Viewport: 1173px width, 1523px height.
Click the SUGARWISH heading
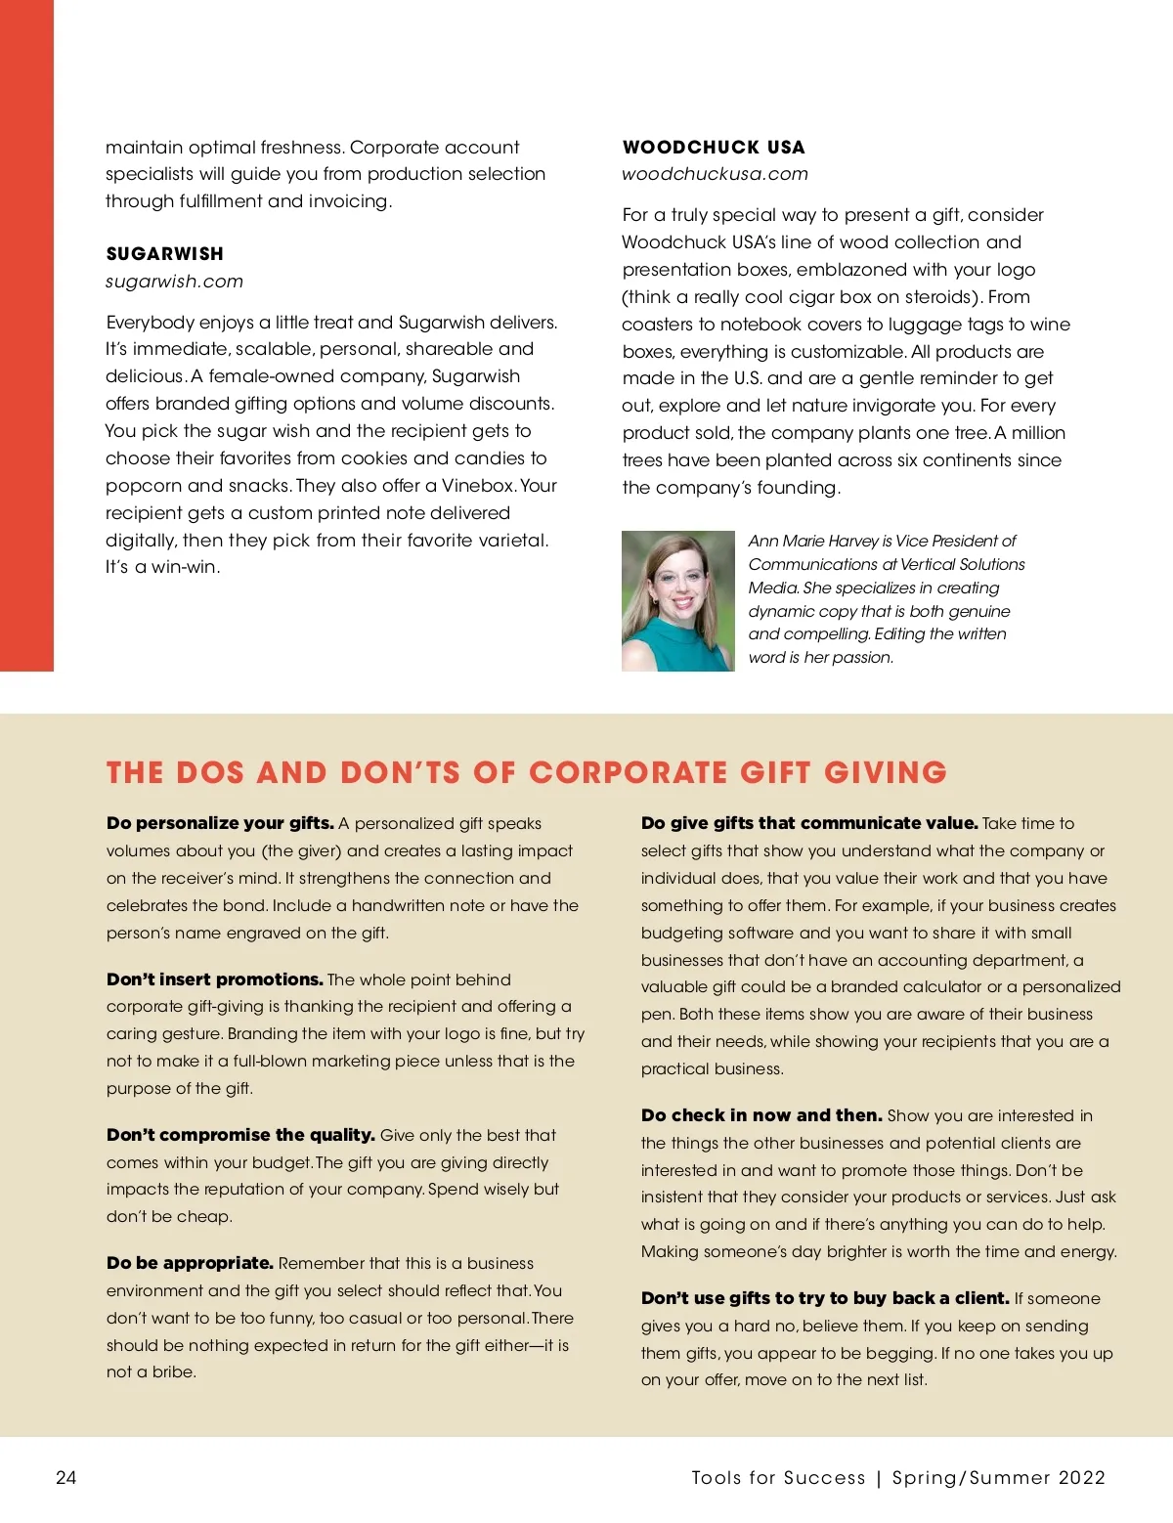(x=164, y=254)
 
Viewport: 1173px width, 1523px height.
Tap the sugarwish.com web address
(x=174, y=282)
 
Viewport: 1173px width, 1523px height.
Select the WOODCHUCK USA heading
(x=714, y=148)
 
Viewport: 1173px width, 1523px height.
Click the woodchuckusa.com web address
(x=715, y=174)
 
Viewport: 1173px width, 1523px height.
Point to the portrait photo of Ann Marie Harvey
(x=677, y=600)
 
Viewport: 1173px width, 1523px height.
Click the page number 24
(x=65, y=1477)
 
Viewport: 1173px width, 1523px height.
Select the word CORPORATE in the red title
(x=630, y=773)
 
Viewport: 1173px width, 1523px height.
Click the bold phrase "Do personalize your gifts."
(x=220, y=823)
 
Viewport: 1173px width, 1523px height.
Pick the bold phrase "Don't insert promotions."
(x=214, y=979)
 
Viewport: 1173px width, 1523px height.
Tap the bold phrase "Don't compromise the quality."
(x=240, y=1135)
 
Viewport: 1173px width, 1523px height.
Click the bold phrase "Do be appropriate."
(x=190, y=1263)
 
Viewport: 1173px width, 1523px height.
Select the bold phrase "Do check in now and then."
(x=761, y=1115)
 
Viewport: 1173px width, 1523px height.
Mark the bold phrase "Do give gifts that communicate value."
(x=809, y=823)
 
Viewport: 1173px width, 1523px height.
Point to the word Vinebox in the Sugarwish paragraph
(x=477, y=486)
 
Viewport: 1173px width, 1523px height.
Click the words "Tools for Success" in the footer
(x=778, y=1477)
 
